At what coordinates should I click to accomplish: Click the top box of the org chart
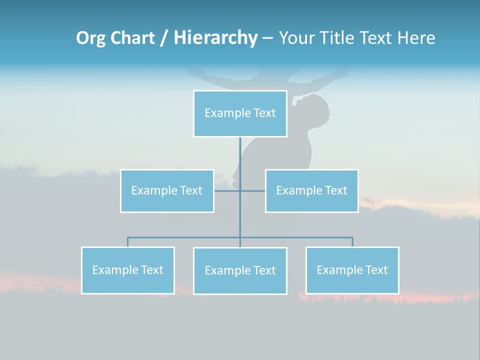(x=240, y=113)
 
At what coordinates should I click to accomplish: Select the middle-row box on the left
(x=167, y=190)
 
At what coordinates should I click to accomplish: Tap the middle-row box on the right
(x=311, y=190)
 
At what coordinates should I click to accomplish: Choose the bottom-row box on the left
(x=128, y=270)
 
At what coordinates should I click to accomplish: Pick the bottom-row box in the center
(x=240, y=270)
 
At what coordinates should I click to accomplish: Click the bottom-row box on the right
(x=352, y=270)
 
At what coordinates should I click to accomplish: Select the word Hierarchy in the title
(x=215, y=38)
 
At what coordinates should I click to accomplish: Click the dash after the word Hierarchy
(x=267, y=38)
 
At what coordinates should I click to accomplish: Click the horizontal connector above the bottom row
(x=185, y=237)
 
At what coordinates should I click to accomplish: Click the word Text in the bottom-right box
(x=376, y=270)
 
